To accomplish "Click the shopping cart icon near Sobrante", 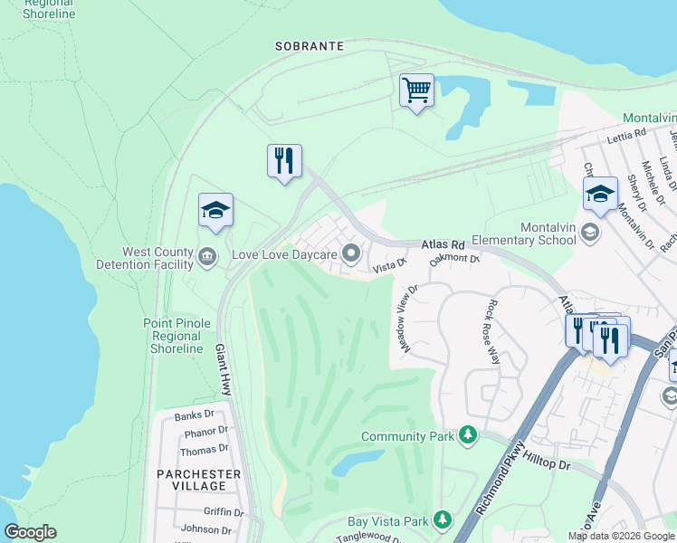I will [x=416, y=90].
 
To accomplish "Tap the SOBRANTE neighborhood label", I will [x=310, y=45].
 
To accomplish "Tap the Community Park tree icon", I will [x=468, y=436].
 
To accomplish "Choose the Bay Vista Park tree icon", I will [x=443, y=520].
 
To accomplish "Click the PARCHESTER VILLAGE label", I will [x=198, y=480].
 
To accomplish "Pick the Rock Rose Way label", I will [x=494, y=331].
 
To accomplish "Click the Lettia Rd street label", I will [x=627, y=132].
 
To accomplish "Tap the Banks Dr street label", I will [x=194, y=416].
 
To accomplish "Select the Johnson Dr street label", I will [x=200, y=529].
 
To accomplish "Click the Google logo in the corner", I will [x=30, y=532].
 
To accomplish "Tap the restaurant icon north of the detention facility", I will [x=284, y=161].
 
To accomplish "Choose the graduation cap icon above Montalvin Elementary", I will [x=599, y=194].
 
